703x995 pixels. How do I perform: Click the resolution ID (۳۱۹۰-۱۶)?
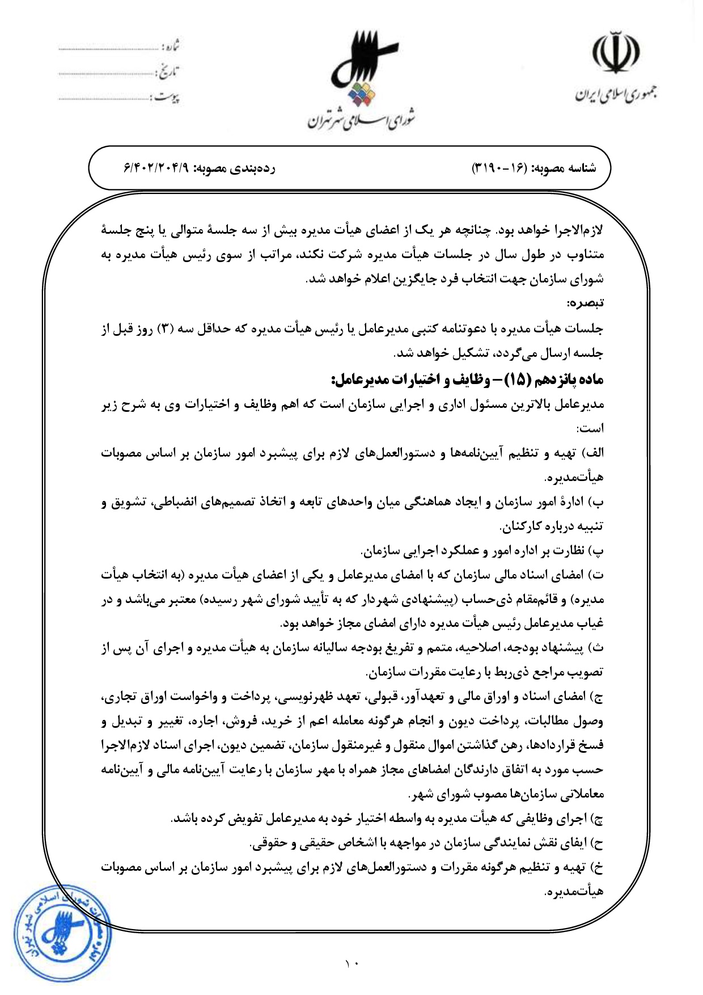pyautogui.click(x=499, y=168)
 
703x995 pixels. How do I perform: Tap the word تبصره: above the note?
pyautogui.click(x=586, y=303)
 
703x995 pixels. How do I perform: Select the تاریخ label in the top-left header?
pyautogui.click(x=168, y=72)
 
